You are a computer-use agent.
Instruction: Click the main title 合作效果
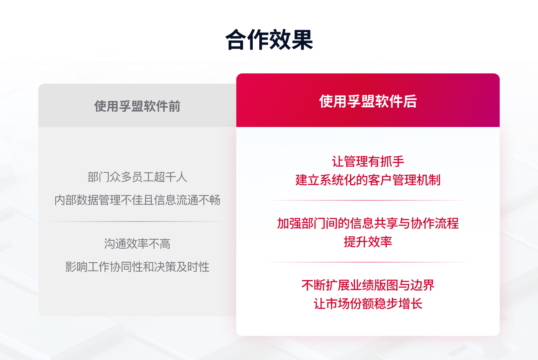coord(269,40)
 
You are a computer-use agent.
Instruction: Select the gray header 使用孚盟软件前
coord(137,106)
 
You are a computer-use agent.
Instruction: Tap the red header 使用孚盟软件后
coord(368,101)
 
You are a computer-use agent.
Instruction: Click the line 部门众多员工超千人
coord(137,177)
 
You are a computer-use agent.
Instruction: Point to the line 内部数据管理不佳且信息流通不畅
coord(137,200)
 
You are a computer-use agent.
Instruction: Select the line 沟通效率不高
coord(137,244)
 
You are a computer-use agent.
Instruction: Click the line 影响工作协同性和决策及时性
coord(137,267)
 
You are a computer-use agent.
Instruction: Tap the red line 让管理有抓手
coord(368,161)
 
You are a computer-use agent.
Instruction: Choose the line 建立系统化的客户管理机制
coord(368,180)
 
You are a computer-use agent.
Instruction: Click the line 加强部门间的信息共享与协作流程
coord(368,223)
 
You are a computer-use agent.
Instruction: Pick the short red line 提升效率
coord(368,242)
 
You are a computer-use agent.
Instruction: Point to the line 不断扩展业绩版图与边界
coord(368,285)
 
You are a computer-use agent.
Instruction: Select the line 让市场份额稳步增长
coord(368,304)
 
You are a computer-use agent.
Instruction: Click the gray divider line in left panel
coord(137,222)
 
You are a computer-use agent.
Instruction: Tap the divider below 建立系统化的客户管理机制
coord(368,200)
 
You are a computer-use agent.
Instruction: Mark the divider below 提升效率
coord(368,262)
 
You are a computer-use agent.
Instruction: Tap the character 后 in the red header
coord(410,101)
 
